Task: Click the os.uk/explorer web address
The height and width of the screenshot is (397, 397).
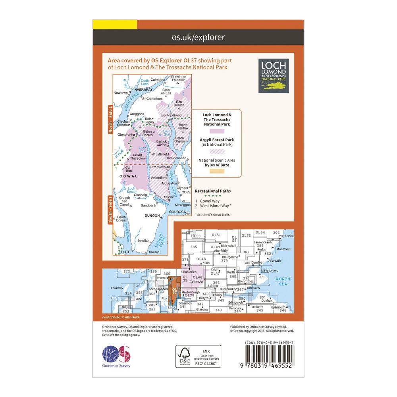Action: [x=198, y=38]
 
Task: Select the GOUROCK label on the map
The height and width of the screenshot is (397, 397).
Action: [x=177, y=212]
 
